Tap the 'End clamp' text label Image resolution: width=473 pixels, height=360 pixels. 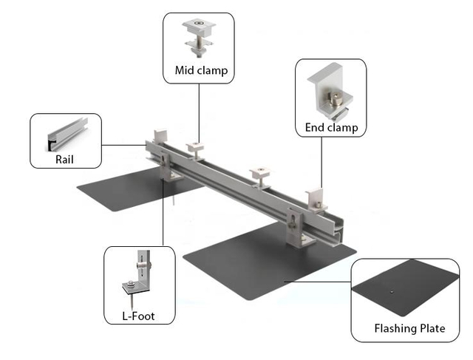(x=331, y=128)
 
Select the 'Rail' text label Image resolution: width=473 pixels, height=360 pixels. (x=64, y=157)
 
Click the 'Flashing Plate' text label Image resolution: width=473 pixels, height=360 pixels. (x=409, y=328)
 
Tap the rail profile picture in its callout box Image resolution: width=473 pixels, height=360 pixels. (x=65, y=135)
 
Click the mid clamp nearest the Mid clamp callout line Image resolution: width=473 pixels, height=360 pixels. (x=197, y=149)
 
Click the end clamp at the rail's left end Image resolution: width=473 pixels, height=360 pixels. (x=159, y=138)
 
